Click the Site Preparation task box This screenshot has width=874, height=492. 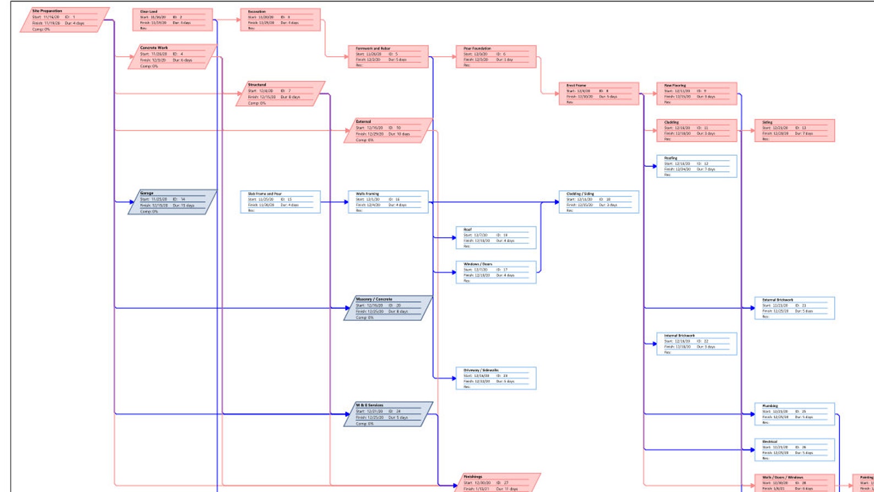[65, 20]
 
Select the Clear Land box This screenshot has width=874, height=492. [172, 20]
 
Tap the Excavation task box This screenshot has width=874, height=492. [280, 20]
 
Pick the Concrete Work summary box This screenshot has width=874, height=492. [172, 57]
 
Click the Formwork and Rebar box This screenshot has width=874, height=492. [388, 57]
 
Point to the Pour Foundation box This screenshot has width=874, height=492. [496, 57]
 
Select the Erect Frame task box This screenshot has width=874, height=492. [599, 94]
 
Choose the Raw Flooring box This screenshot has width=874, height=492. [696, 94]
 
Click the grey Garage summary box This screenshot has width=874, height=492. [172, 202]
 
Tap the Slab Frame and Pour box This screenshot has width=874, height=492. [280, 202]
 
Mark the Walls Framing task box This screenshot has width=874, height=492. [388, 202]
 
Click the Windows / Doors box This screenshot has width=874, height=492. [496, 272]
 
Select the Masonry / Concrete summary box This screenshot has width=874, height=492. [388, 308]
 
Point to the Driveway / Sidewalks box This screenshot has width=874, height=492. [496, 379]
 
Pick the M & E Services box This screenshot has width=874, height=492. [388, 414]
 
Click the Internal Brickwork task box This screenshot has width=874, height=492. [696, 344]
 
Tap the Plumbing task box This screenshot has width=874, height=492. [795, 414]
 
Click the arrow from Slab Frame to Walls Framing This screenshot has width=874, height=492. [334, 202]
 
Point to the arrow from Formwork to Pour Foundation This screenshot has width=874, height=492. [442, 57]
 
